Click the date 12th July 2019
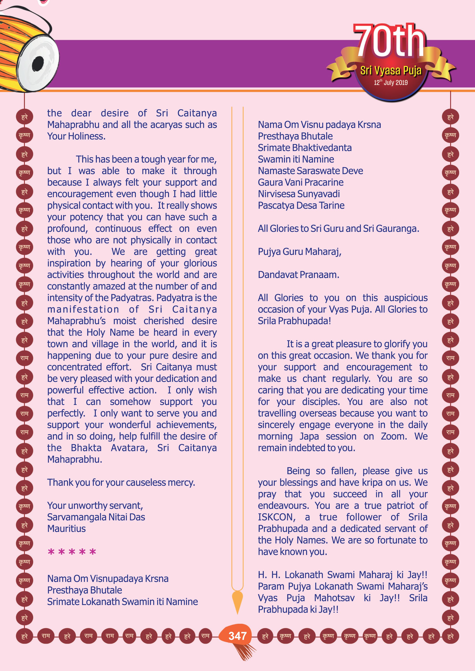point(391,82)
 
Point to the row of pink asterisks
point(72,552)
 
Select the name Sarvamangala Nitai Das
point(96,517)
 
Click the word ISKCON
point(276,517)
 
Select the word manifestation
point(83,309)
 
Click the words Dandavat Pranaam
point(298,275)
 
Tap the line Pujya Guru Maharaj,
point(299,252)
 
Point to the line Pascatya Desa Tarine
point(301,205)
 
